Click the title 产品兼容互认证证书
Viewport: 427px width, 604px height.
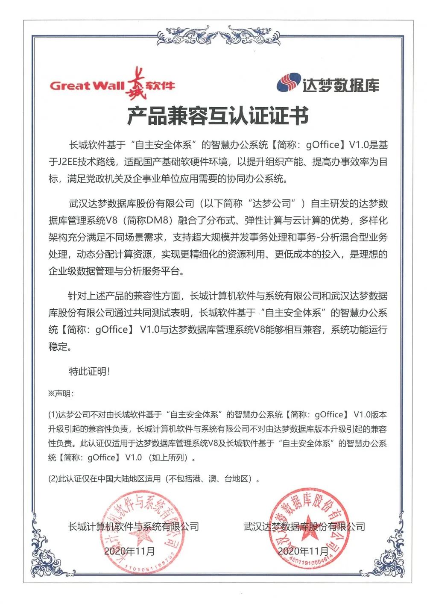[x=217, y=116]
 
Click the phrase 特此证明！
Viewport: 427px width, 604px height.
[x=90, y=372]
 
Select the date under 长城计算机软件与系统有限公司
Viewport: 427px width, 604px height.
[x=129, y=551]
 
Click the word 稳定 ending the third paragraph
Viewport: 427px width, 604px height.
[x=58, y=346]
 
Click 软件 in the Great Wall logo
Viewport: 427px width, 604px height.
[x=160, y=85]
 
